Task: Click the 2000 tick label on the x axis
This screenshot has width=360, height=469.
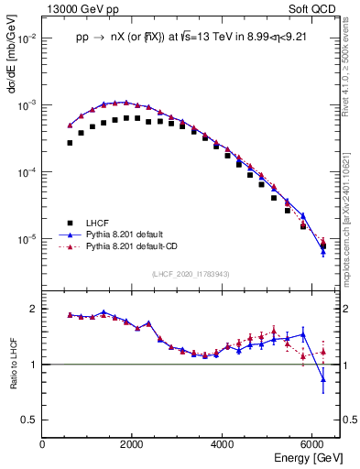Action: click(133, 443)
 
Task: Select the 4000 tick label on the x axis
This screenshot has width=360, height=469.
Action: click(223, 443)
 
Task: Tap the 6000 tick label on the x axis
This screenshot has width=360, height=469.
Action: click(312, 443)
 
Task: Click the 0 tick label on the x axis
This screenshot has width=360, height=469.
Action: click(43, 443)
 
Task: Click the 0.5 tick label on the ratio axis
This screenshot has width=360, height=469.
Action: click(28, 420)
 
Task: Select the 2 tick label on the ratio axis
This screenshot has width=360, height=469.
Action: click(33, 309)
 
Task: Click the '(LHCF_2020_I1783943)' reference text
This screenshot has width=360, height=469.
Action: click(190, 275)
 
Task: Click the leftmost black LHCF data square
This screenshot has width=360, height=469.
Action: click(70, 143)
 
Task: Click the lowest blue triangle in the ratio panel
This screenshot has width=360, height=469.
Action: click(322, 379)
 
